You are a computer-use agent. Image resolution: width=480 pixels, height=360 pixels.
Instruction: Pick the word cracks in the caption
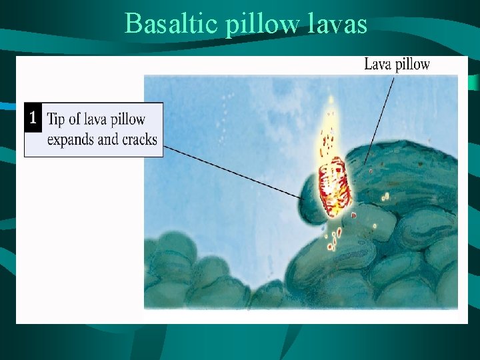[x=138, y=139]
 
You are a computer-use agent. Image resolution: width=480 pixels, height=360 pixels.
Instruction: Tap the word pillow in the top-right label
[x=413, y=65]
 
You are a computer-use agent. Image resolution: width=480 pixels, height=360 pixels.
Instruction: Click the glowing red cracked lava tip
[x=334, y=186]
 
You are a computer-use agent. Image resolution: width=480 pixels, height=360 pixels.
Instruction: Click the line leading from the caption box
[x=233, y=171]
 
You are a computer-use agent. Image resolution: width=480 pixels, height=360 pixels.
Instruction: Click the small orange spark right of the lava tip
[x=385, y=197]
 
